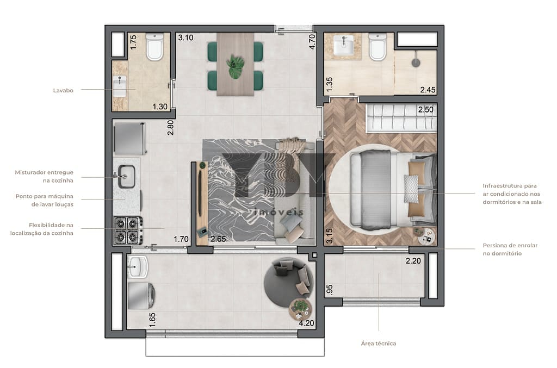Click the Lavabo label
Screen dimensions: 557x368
tap(63, 90)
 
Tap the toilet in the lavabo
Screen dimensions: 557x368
tap(154, 47)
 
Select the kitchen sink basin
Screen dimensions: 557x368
tap(126, 176)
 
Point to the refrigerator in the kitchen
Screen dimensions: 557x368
tap(129, 138)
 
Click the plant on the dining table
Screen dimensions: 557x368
tap(235, 67)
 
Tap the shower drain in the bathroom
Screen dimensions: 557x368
tap(416, 63)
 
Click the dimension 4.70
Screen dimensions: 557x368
tap(312, 41)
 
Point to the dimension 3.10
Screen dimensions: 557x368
tap(186, 38)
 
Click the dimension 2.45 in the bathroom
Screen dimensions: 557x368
tap(428, 90)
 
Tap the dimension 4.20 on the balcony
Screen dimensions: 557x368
tap(306, 323)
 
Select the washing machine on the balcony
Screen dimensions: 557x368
tap(141, 295)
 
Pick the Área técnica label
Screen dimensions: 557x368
tap(379, 344)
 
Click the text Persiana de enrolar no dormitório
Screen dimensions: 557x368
tap(510, 250)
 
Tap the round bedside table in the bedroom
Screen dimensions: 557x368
tap(426, 235)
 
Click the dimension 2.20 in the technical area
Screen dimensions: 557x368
tap(413, 261)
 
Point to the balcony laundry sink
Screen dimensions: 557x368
tap(138, 266)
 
